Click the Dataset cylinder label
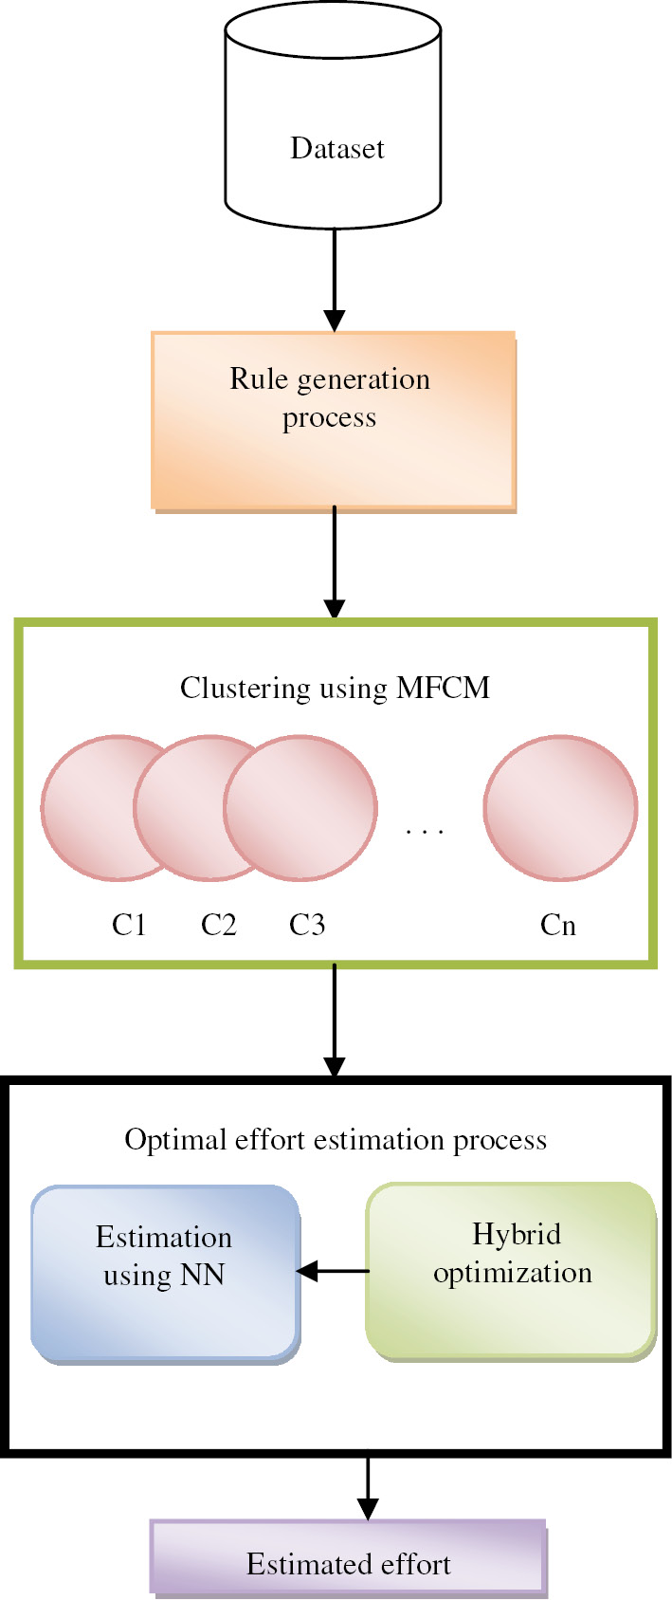pyautogui.click(x=336, y=149)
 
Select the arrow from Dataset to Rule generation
pyautogui.click(x=334, y=279)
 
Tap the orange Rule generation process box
pyautogui.click(x=333, y=419)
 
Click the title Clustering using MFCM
pyautogui.click(x=335, y=688)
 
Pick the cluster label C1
pyautogui.click(x=129, y=925)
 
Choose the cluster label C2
pyautogui.click(x=218, y=925)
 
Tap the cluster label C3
pyautogui.click(x=307, y=925)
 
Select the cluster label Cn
pyautogui.click(x=558, y=925)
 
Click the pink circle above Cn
pyautogui.click(x=560, y=806)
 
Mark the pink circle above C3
pyautogui.click(x=301, y=806)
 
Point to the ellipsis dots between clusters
pyautogui.click(x=425, y=832)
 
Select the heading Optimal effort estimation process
pyautogui.click(x=336, y=1139)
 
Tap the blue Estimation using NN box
pyautogui.click(x=165, y=1271)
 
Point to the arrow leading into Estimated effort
pyautogui.click(x=368, y=1488)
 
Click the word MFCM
pyautogui.click(x=443, y=688)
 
